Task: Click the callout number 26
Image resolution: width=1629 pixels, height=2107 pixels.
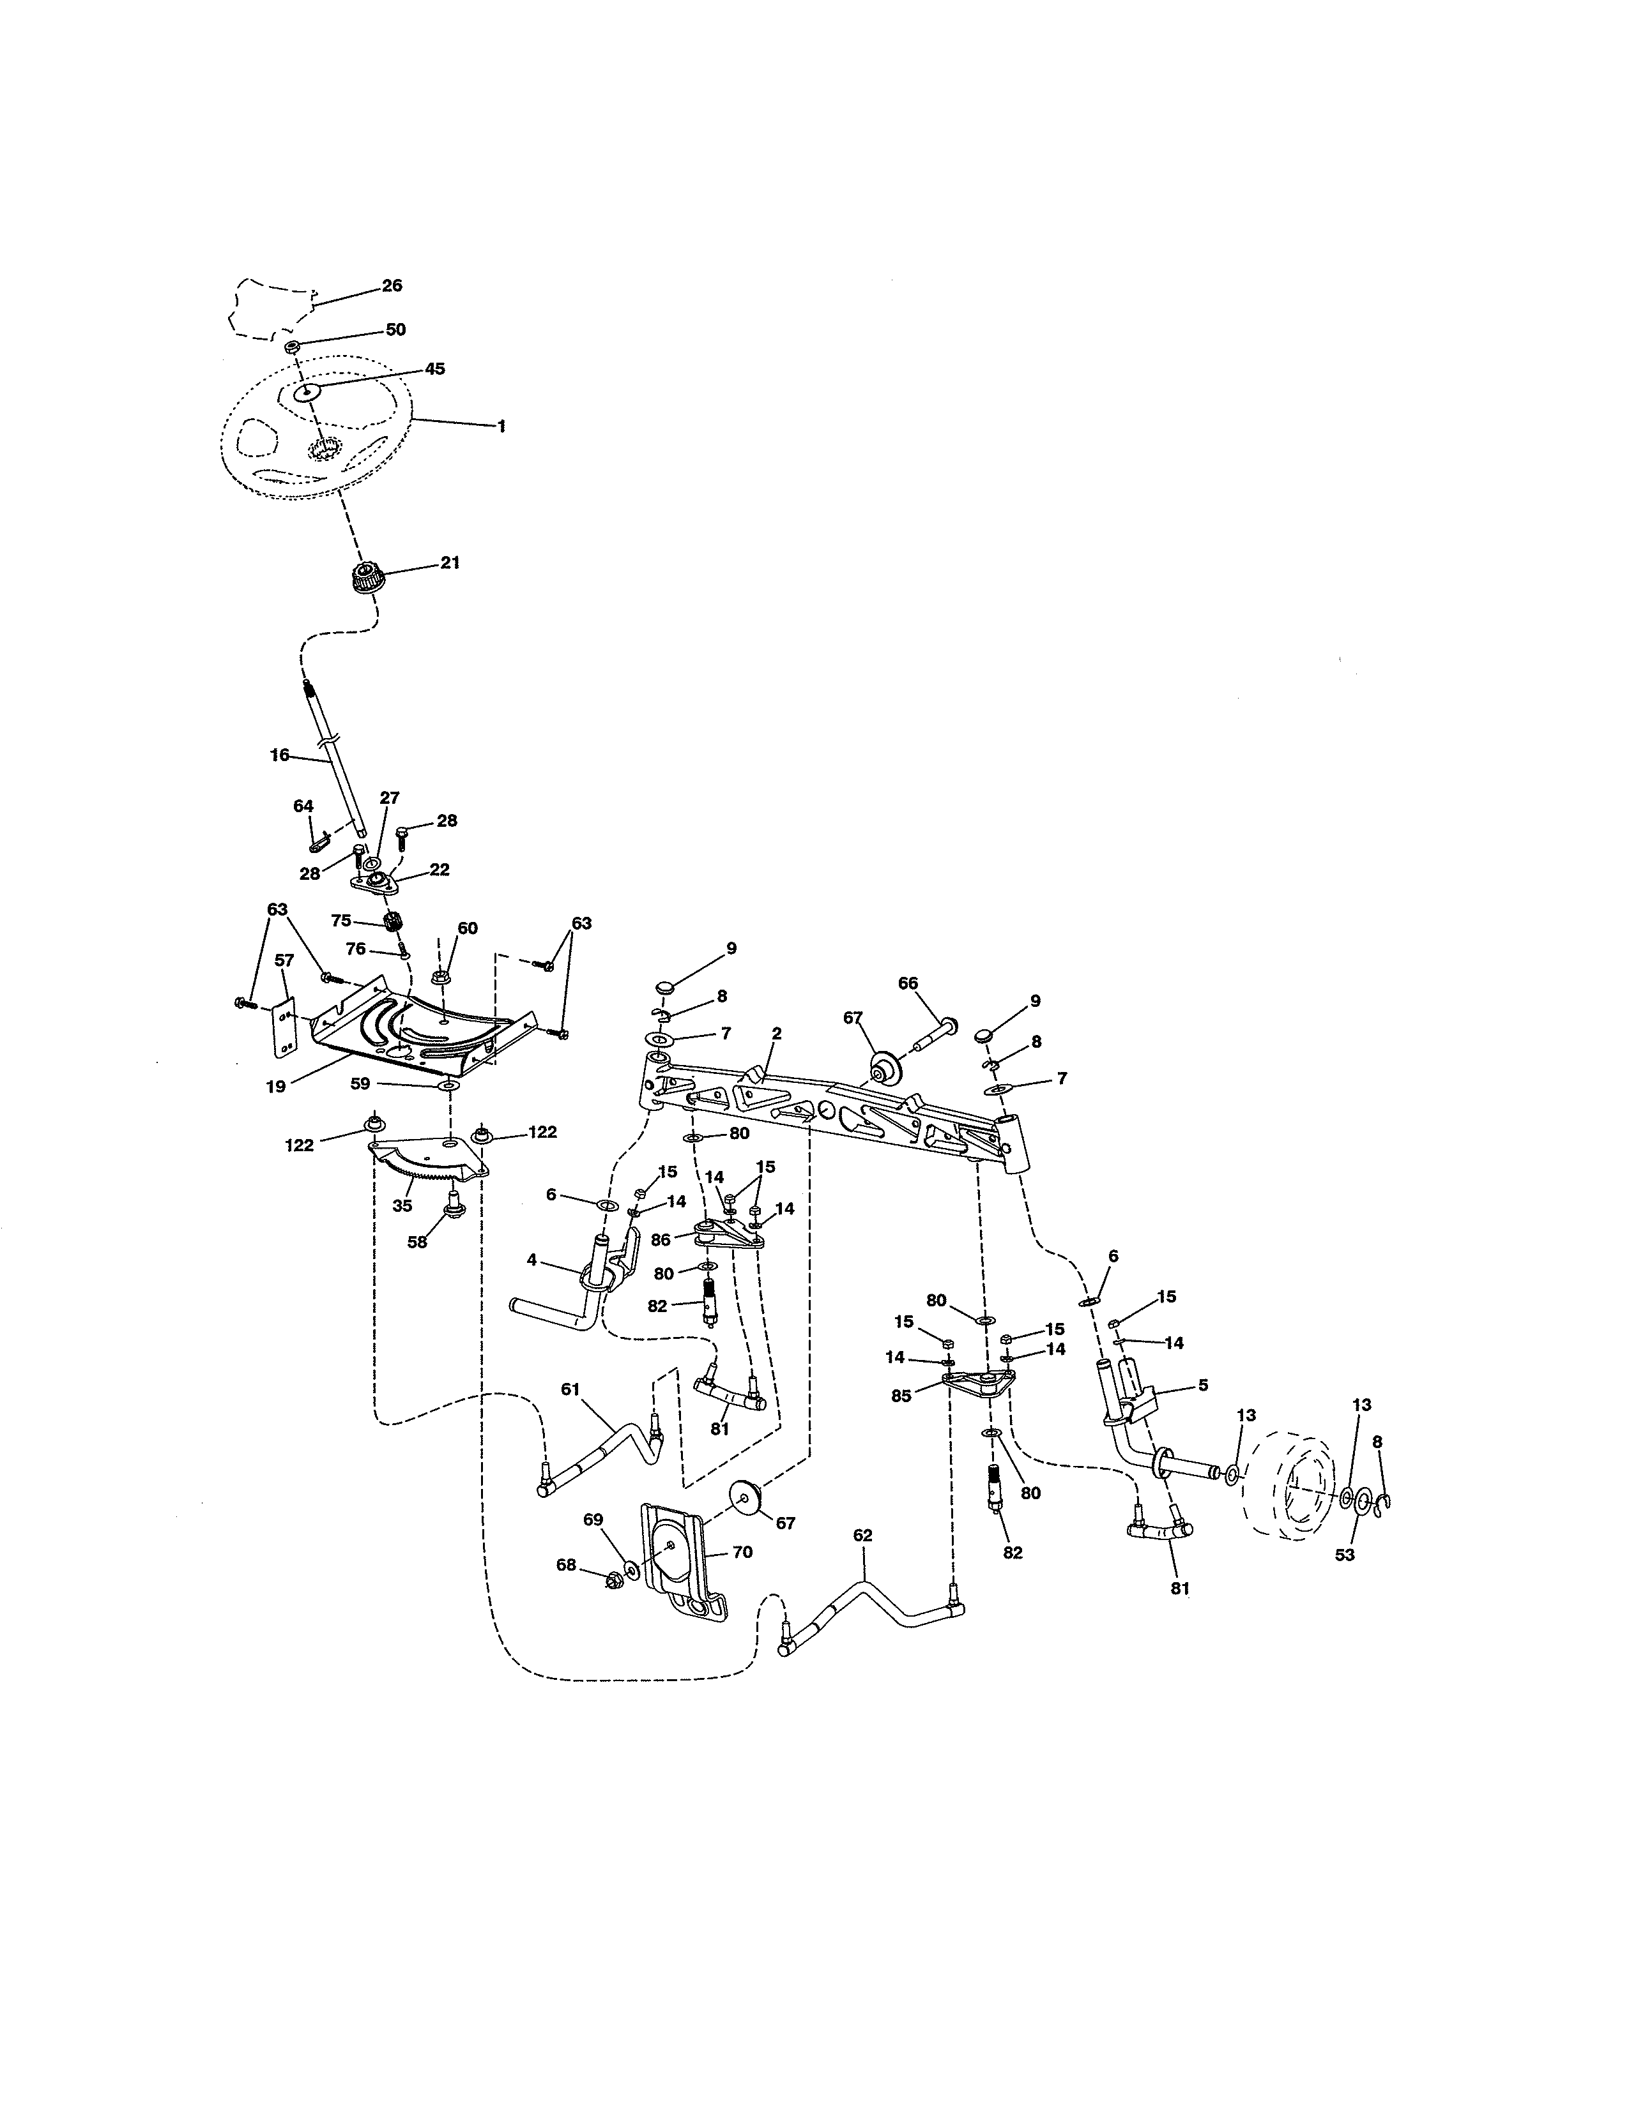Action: pos(392,285)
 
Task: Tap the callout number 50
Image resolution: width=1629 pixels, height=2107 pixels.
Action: pos(395,329)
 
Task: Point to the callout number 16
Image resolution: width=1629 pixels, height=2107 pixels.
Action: pos(279,755)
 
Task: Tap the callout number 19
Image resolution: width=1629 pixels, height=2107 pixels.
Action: pos(276,1086)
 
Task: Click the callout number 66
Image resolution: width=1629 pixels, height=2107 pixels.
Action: pos(908,983)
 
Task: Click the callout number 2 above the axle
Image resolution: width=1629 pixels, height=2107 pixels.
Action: pos(776,1033)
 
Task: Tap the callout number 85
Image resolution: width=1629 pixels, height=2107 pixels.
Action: pos(901,1396)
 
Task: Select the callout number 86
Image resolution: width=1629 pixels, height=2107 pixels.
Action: pos(660,1240)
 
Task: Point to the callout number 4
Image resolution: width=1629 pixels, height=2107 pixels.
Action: pos(531,1259)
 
